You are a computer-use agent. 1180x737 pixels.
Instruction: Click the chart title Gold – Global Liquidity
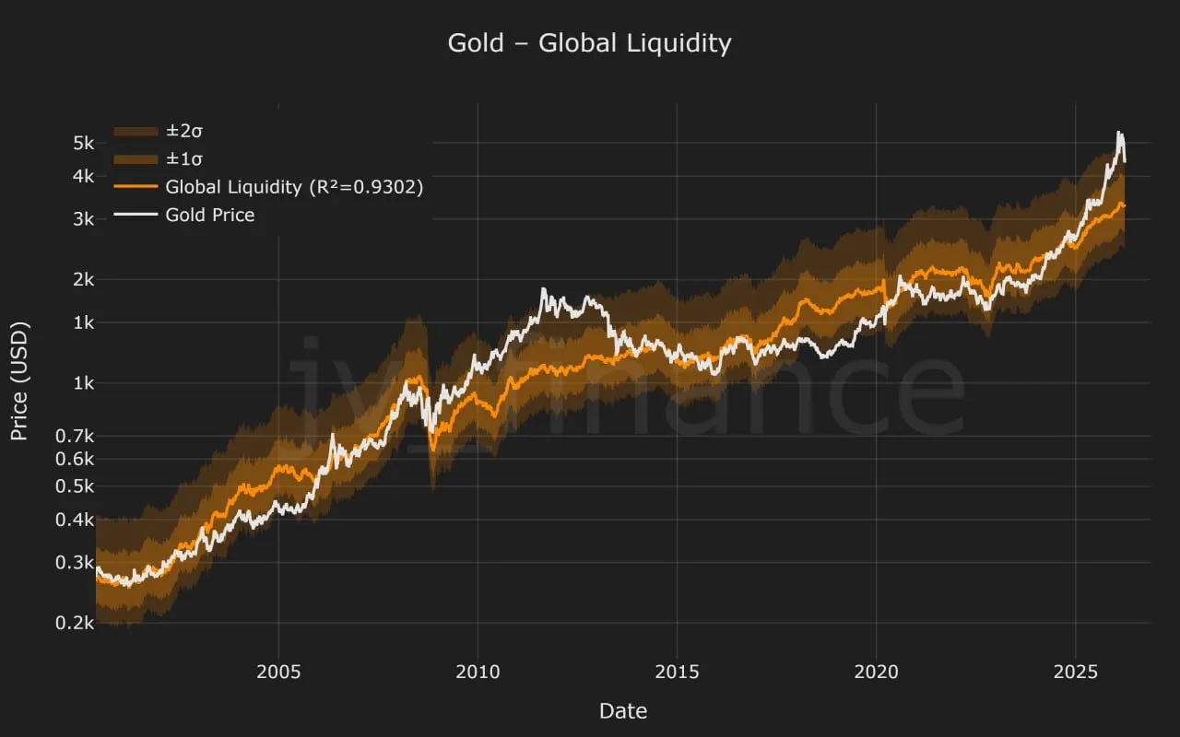point(589,43)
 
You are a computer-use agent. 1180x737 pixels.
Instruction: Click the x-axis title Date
point(622,711)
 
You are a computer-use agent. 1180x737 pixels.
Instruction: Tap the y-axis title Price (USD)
point(20,380)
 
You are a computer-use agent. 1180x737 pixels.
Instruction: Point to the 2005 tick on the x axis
point(278,671)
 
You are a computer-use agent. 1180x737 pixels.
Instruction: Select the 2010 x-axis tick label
point(478,671)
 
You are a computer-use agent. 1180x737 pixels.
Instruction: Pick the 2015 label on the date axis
point(677,671)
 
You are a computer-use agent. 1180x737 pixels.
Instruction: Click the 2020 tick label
point(876,671)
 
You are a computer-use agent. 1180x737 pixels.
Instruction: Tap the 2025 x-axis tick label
point(1075,671)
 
